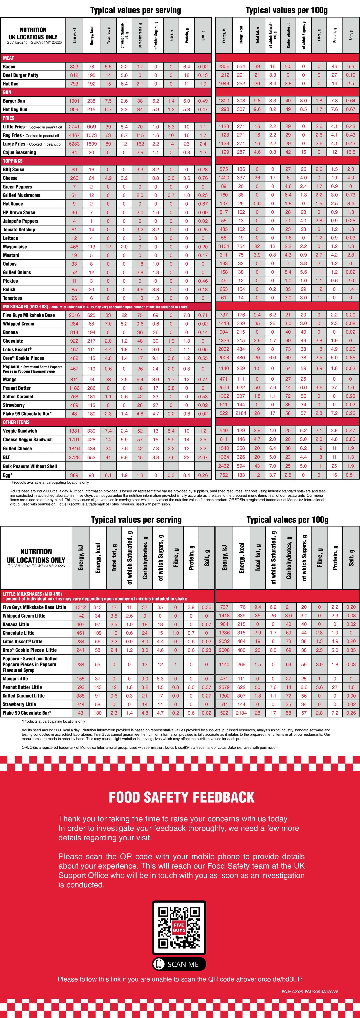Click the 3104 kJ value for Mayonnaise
[x=224, y=247]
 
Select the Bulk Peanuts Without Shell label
[x=30, y=466]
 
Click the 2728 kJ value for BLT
[x=74, y=457]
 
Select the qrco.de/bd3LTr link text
[x=280, y=979]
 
